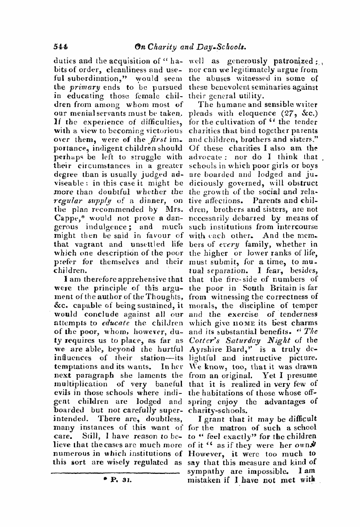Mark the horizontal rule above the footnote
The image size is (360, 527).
click(x=117, y=472)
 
